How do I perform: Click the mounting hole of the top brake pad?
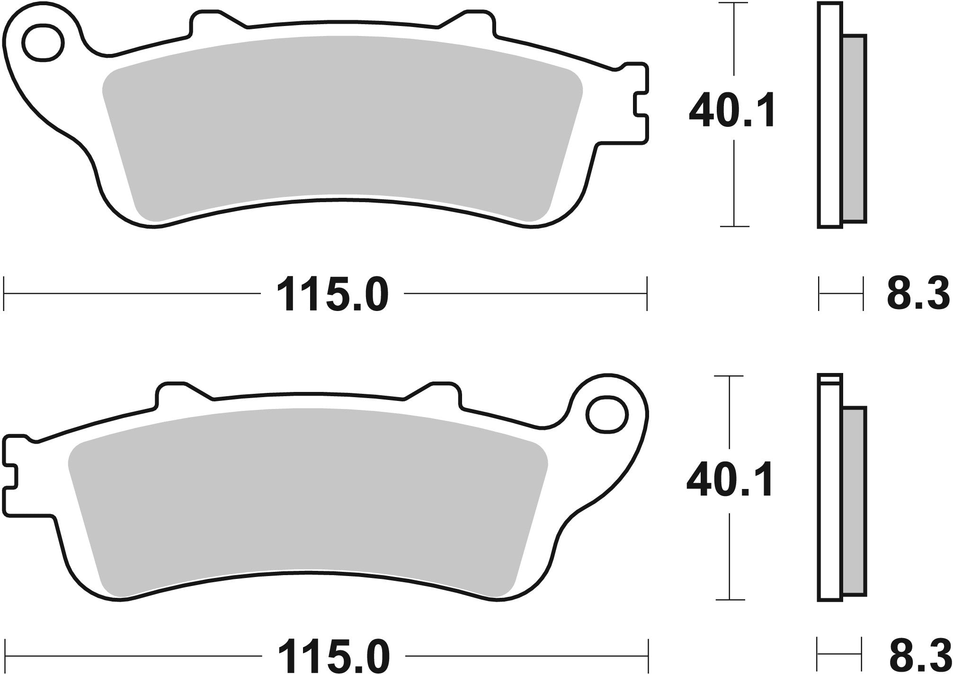(44, 44)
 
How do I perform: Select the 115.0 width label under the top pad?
(332, 294)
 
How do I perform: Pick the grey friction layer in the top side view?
(855, 128)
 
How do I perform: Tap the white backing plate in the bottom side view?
(830, 497)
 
